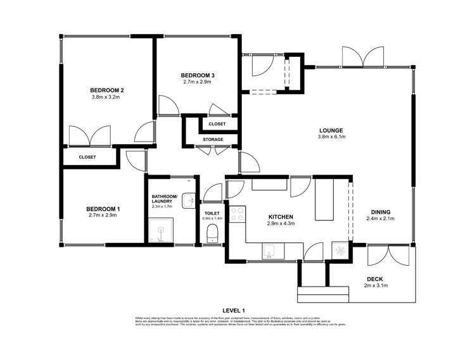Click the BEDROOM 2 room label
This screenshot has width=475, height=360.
point(106,89)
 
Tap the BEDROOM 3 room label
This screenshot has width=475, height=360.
point(198,75)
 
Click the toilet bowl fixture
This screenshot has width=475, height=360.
point(213,233)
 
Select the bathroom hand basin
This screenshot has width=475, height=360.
point(188,201)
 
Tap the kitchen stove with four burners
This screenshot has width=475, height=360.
point(237,215)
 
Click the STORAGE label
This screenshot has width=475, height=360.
point(212,139)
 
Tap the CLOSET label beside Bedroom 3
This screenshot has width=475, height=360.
point(217,124)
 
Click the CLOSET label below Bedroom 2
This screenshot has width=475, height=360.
point(87,157)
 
